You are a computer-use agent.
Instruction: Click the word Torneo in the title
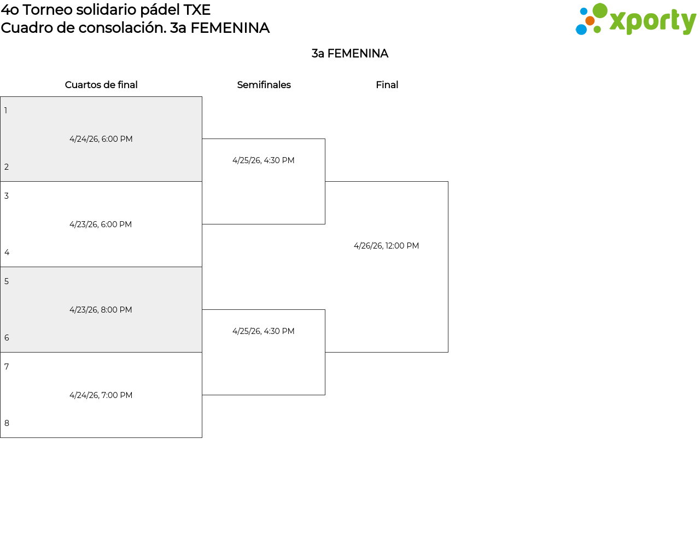(x=48, y=10)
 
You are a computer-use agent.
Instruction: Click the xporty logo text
(x=653, y=21)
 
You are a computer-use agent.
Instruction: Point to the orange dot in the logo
(x=590, y=21)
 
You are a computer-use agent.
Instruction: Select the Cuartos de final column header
(x=101, y=85)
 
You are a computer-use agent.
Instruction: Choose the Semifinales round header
(x=264, y=85)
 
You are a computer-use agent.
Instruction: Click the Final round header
(x=387, y=85)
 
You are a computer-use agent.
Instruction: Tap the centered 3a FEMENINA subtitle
(x=350, y=54)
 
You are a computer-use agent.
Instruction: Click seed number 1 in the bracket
(x=6, y=111)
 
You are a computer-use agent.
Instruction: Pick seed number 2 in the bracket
(x=7, y=167)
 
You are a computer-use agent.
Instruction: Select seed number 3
(x=7, y=196)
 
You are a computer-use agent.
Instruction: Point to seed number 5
(x=7, y=281)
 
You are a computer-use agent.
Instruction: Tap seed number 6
(x=7, y=338)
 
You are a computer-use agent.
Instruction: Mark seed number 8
(x=7, y=423)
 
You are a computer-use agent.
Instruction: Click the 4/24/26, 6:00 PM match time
(x=101, y=139)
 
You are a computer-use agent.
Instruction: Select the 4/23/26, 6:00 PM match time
(x=101, y=224)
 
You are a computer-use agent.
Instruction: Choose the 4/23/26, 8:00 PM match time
(x=101, y=310)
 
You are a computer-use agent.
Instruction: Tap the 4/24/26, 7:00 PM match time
(x=101, y=395)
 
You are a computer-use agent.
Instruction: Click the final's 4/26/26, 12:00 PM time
(x=386, y=246)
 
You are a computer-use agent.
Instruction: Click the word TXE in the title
(x=197, y=10)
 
